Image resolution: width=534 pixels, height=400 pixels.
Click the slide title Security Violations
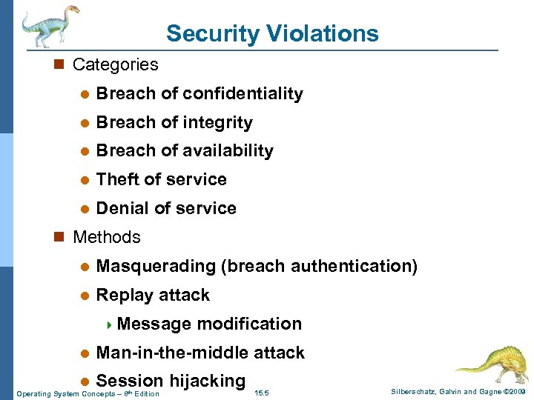coord(272,33)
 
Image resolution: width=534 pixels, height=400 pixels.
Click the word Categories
coord(115,64)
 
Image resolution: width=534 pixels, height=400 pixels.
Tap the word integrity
coord(217,122)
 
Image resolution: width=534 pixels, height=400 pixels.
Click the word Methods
coord(106,237)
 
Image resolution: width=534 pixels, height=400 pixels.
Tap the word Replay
coord(122,295)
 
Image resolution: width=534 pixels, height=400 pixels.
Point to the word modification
coord(249,324)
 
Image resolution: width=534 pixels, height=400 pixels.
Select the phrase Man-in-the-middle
coord(173,353)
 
